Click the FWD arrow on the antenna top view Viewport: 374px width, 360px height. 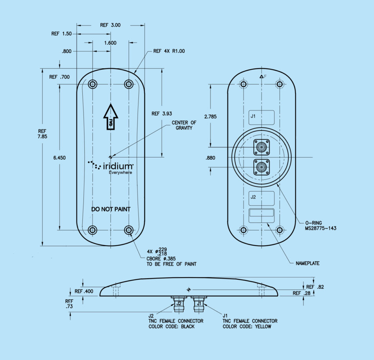tap(111, 117)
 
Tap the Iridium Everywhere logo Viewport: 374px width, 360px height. tap(111, 167)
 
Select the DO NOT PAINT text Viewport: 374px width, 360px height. tap(111, 209)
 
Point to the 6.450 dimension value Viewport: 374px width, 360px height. tap(59, 158)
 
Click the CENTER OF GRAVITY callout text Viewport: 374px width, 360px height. tap(184, 125)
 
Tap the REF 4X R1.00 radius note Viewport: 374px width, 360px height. tap(169, 51)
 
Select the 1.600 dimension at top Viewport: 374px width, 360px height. tap(111, 43)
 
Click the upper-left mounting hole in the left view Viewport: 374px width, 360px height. tap(93, 84)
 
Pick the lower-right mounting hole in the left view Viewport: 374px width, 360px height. tap(129, 230)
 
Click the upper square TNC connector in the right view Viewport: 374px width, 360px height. tap(261, 147)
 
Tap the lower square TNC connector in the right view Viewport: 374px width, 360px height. tap(261, 168)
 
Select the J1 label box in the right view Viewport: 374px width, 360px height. tap(262, 116)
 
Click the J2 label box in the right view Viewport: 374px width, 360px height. tap(262, 197)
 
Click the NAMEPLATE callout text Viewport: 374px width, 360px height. tap(307, 263)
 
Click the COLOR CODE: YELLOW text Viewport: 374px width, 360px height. tap(247, 326)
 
